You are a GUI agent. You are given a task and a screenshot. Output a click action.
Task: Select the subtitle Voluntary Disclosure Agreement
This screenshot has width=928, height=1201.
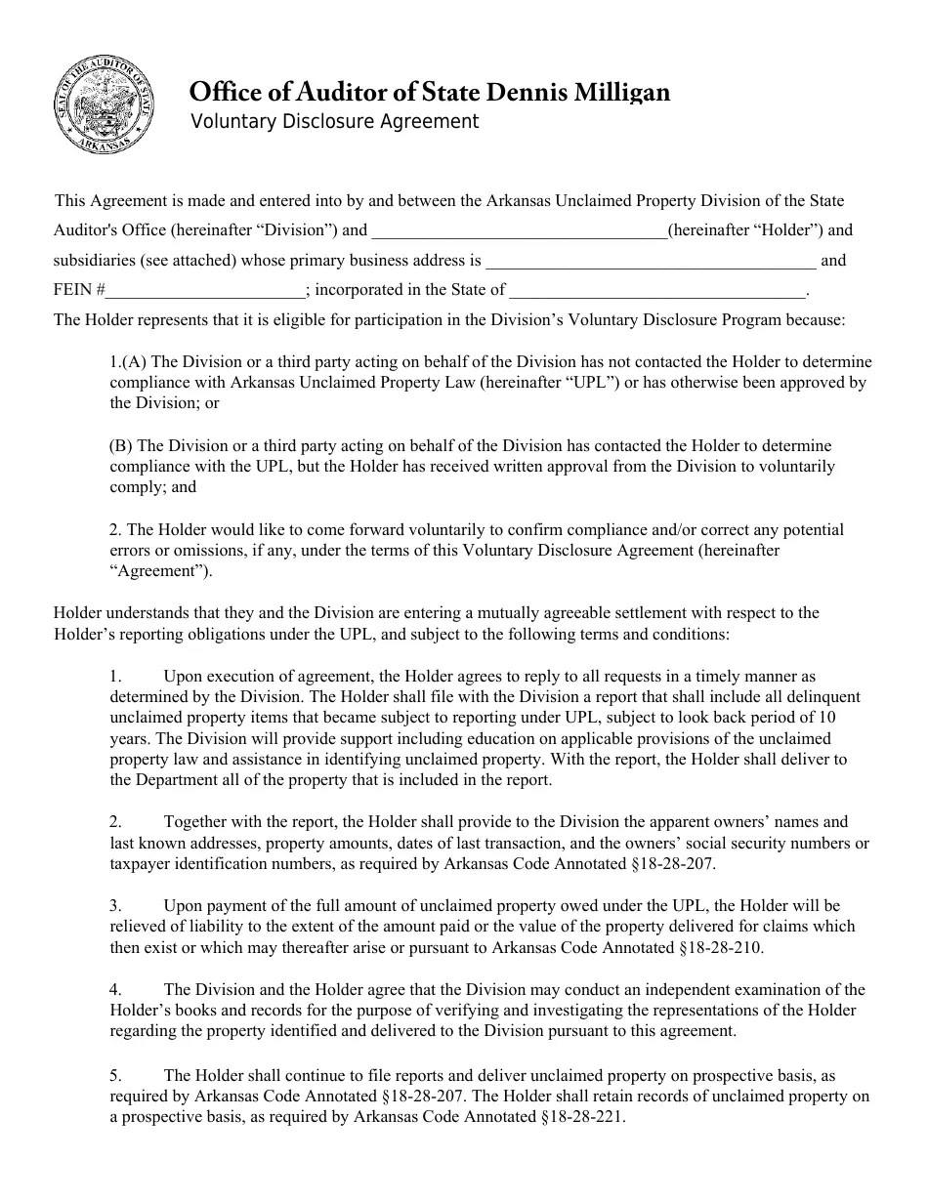[334, 122]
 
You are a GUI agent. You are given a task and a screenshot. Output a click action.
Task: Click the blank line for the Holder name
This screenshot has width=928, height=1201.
[519, 232]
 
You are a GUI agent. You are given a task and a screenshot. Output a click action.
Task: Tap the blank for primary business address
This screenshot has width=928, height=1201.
[651, 263]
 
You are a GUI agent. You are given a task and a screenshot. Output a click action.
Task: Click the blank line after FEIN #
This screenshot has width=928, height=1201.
[205, 291]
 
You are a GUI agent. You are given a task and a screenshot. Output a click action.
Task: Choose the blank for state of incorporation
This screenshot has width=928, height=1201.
[657, 291]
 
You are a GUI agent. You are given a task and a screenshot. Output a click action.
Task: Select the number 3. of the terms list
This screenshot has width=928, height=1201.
[115, 906]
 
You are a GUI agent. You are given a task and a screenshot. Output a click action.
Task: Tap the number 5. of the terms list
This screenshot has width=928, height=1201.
[115, 1075]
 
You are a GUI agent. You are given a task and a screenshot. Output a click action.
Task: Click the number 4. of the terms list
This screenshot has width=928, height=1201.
[115, 990]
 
